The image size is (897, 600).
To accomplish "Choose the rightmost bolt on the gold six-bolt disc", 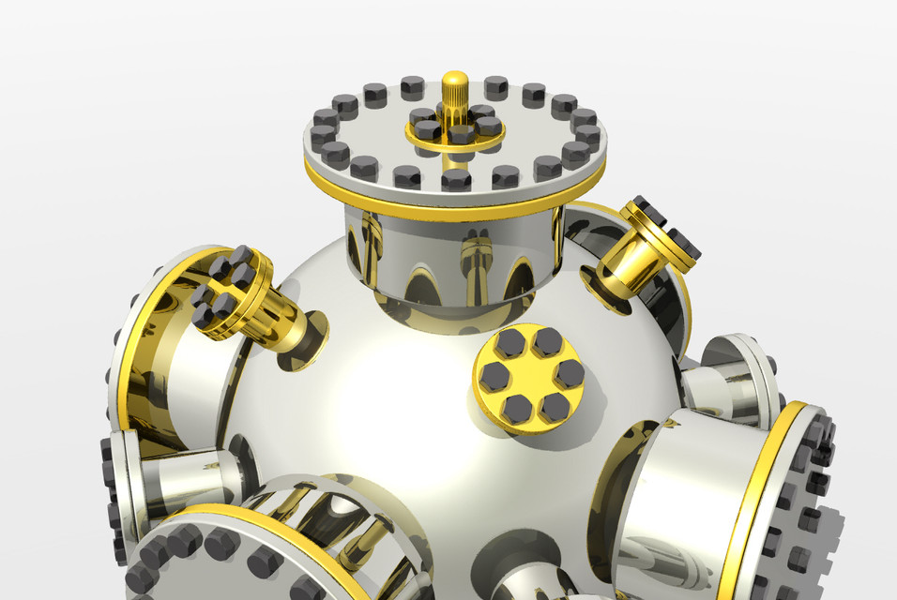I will [569, 373].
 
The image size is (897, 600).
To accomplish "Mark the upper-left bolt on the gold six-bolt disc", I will [510, 343].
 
